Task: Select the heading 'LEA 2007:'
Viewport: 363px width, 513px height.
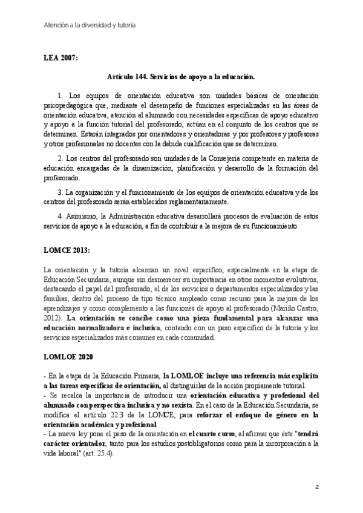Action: coord(60,58)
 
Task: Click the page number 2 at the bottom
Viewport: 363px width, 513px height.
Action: coord(316,486)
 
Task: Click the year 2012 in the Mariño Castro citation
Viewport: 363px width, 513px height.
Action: coord(51,318)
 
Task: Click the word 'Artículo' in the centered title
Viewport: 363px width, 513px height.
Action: coord(120,77)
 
